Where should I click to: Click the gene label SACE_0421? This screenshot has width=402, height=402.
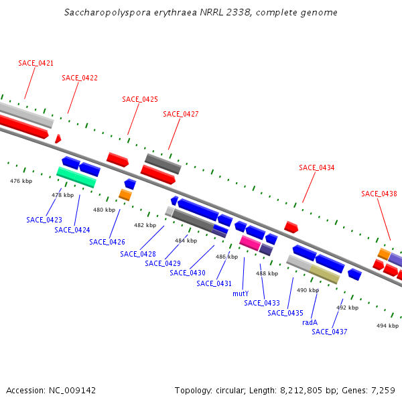click(x=36, y=63)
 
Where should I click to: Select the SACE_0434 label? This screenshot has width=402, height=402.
click(x=317, y=167)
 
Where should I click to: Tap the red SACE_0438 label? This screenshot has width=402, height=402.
click(x=379, y=194)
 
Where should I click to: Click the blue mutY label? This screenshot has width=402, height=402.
click(x=241, y=293)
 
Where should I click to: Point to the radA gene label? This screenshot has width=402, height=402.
click(x=310, y=322)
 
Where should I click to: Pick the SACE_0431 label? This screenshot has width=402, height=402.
click(x=214, y=283)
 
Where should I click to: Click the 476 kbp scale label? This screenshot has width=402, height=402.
click(x=21, y=181)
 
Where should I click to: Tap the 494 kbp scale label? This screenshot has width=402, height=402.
click(x=387, y=326)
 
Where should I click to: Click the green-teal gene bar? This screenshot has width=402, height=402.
click(x=76, y=178)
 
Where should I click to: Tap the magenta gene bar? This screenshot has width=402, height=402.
click(x=250, y=243)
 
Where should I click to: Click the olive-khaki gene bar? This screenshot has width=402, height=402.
click(x=324, y=274)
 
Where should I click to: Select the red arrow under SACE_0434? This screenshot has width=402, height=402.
click(x=291, y=227)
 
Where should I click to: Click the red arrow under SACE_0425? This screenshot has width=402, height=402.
click(x=117, y=159)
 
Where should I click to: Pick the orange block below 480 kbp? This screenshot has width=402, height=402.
click(x=125, y=195)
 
